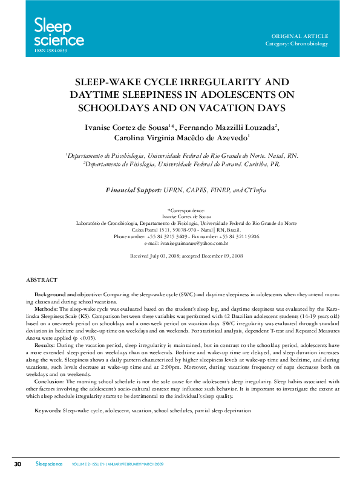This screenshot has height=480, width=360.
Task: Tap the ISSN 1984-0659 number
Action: [x=46, y=51]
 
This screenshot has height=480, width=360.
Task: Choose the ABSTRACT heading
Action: [x=42, y=280]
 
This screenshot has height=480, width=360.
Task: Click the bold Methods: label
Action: [x=47, y=309]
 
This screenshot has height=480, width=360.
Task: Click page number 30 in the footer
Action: [x=18, y=464]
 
